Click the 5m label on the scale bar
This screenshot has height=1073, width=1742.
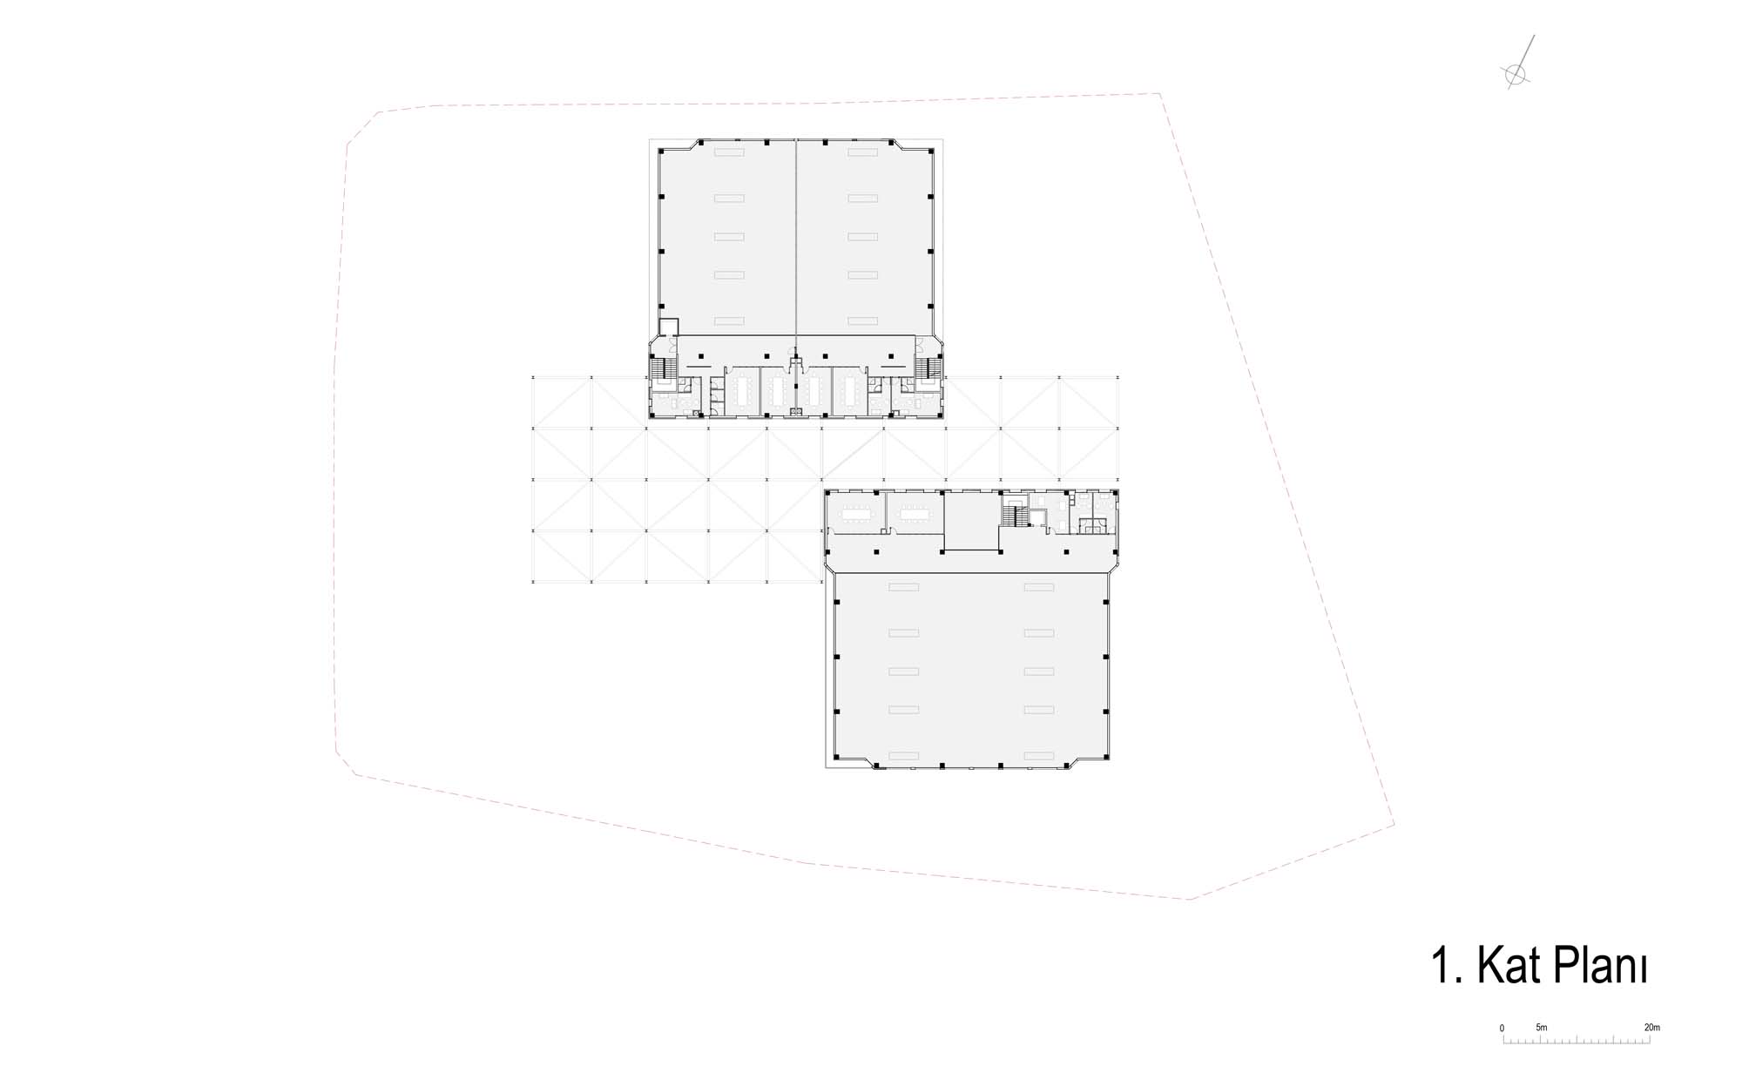1542,1028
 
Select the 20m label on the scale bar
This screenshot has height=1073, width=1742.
1651,1028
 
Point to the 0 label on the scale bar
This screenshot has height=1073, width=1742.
1502,1029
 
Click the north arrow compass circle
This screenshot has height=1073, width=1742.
1516,74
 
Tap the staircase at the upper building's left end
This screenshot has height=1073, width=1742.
665,367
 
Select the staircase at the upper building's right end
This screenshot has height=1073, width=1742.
928,367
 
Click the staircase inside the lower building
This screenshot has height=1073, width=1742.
1011,515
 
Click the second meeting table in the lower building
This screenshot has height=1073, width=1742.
915,515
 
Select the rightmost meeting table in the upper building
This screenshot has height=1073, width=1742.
849,394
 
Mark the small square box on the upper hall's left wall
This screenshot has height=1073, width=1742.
668,327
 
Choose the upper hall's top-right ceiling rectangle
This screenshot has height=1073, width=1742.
862,152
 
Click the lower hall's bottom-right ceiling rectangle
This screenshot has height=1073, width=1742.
1039,754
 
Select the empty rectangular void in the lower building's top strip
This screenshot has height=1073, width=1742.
971,521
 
